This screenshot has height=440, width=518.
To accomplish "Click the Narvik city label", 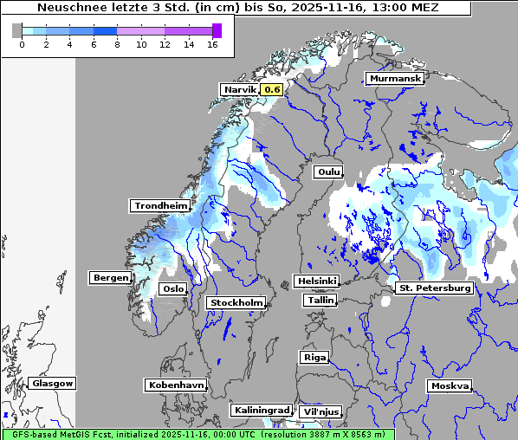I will click(240, 89).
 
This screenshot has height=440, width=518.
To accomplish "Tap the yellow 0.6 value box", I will click(272, 89).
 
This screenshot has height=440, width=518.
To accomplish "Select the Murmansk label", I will click(395, 79).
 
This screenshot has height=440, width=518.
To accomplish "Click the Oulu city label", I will click(328, 171).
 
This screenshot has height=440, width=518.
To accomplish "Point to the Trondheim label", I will click(160, 205).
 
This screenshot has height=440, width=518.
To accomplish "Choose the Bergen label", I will click(110, 278).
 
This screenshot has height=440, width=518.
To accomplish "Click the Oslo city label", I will click(173, 288).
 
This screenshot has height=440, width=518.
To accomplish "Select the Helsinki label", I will click(316, 281).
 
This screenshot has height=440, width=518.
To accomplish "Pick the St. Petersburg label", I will click(434, 288).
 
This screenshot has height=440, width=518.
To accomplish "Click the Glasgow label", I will click(53, 383).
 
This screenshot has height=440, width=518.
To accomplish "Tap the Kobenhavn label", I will click(176, 385).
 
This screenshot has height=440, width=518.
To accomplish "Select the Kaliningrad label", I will click(261, 410).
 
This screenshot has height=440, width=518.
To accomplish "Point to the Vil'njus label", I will click(320, 411).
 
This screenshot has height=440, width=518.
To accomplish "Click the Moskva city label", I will click(450, 385).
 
